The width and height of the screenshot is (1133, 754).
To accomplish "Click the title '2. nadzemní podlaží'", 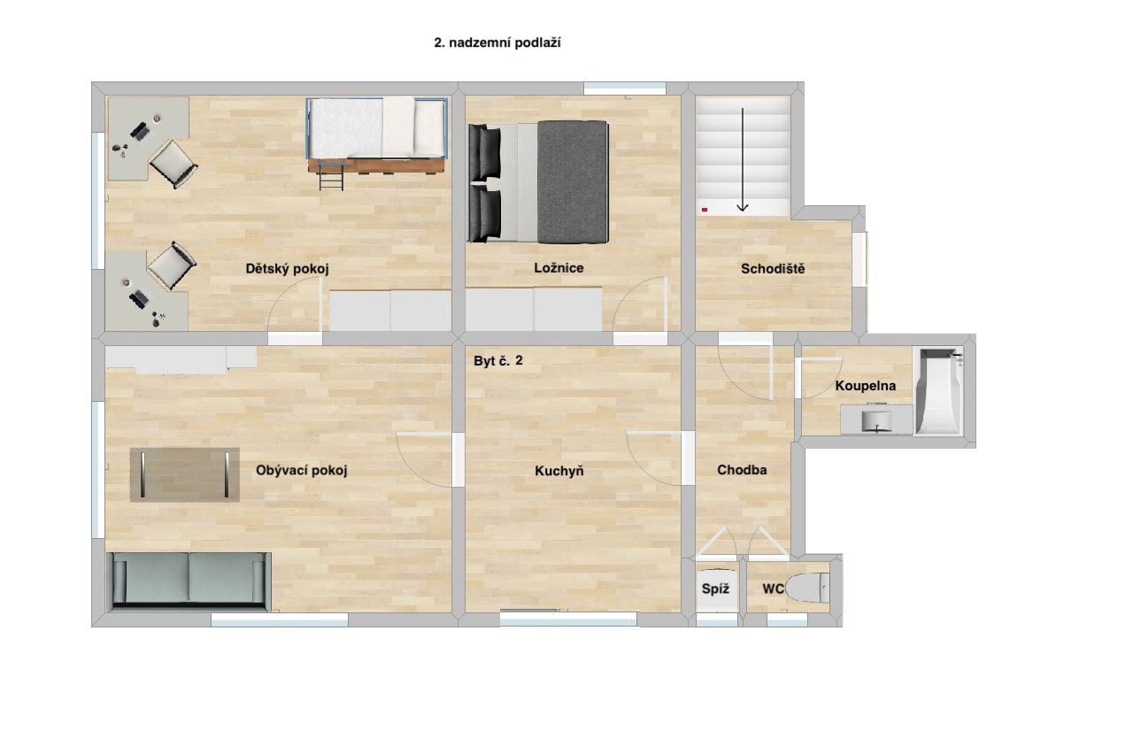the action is (x=497, y=43).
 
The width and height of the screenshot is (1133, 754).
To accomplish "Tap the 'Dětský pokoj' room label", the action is (x=288, y=268).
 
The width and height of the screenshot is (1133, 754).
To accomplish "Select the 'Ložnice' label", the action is (x=559, y=268).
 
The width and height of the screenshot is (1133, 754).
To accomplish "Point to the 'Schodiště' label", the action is (x=773, y=268).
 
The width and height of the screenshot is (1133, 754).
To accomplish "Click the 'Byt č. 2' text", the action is (x=498, y=360).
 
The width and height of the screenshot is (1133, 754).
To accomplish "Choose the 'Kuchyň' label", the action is (x=559, y=471).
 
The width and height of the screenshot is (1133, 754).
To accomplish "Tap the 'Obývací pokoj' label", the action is (x=302, y=471).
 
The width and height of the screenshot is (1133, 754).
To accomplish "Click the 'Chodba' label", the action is (x=742, y=470).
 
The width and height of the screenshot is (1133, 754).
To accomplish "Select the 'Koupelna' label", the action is (x=866, y=386).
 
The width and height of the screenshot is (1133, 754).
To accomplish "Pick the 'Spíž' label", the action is (x=715, y=589).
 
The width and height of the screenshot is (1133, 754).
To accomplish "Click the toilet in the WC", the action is (x=808, y=588).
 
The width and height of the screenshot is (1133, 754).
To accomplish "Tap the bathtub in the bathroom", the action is (x=939, y=391).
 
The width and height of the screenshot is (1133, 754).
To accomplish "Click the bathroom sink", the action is (x=876, y=420).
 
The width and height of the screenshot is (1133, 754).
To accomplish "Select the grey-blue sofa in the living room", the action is (x=189, y=581).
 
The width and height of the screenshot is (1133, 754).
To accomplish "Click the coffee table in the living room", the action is (x=185, y=475).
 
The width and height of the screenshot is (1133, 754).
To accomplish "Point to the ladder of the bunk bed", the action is (x=331, y=175).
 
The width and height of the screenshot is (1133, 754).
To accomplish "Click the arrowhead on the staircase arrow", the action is (x=743, y=207).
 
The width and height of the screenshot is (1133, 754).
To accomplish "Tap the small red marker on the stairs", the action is (x=705, y=210).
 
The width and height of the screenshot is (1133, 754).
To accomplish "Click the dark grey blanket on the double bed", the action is (x=573, y=182).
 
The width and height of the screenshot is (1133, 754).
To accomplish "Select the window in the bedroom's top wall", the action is (x=625, y=88).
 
